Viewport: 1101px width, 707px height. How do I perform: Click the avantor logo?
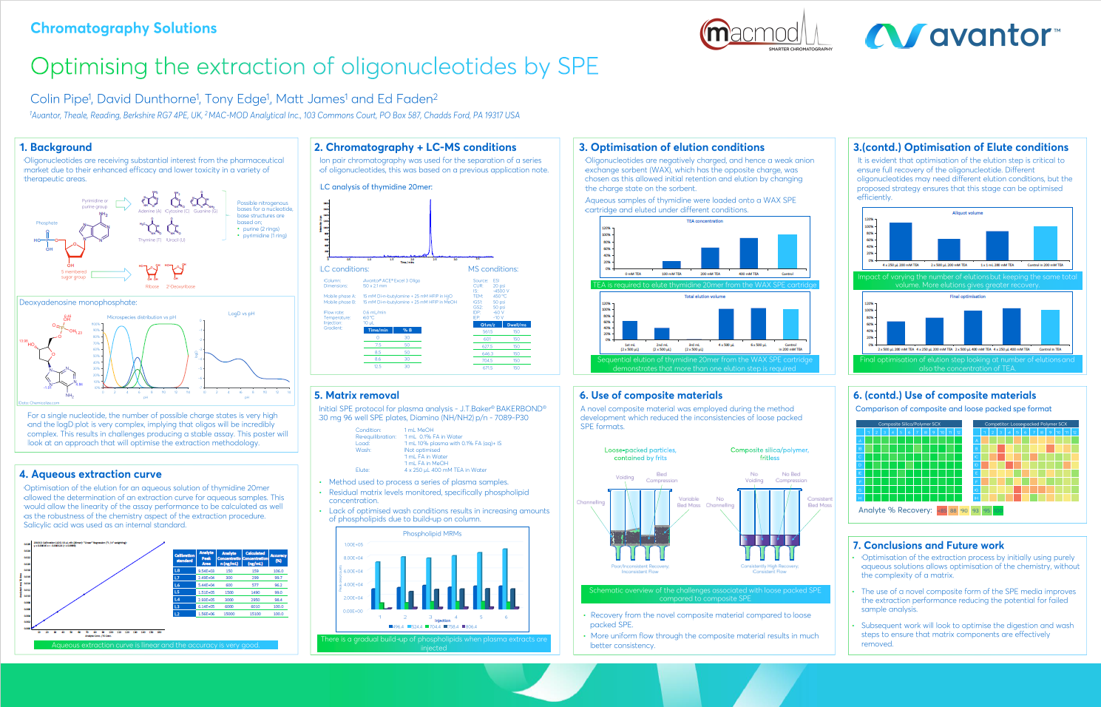point(962,35)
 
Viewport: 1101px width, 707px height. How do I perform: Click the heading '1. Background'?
point(56,147)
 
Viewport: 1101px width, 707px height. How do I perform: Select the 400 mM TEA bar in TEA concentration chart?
point(748,253)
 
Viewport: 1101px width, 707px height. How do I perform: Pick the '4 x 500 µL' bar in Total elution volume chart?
point(726,324)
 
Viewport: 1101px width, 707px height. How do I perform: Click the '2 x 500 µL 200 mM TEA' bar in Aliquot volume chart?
point(949,250)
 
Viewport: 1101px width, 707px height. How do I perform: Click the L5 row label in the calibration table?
point(177,592)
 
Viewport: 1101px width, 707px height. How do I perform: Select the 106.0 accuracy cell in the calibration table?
point(278,571)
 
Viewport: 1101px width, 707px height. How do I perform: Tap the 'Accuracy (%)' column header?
point(278,558)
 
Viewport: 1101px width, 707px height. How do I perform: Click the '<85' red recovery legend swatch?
point(942,510)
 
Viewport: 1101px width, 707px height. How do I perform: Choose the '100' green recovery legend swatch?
point(998,510)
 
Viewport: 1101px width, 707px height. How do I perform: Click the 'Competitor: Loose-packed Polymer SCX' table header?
point(1026,424)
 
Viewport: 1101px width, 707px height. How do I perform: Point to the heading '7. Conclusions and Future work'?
point(929,545)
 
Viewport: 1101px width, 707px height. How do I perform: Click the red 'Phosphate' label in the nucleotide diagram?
point(47,223)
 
